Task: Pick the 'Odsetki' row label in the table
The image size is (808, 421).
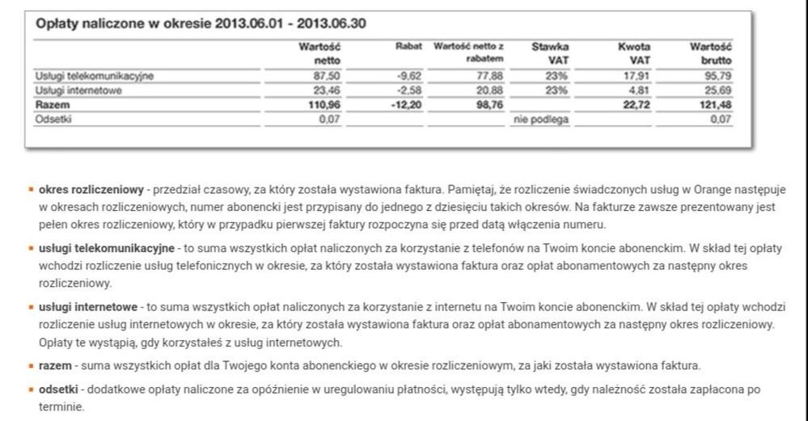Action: pyautogui.click(x=52, y=118)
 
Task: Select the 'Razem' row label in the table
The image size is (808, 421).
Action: pyautogui.click(x=50, y=104)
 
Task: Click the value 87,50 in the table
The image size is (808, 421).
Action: pyautogui.click(x=327, y=77)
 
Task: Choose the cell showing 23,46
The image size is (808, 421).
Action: pyautogui.click(x=327, y=91)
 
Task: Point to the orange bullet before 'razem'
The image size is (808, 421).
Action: pyautogui.click(x=32, y=365)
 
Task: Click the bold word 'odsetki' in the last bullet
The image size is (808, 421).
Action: pyautogui.click(x=58, y=389)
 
